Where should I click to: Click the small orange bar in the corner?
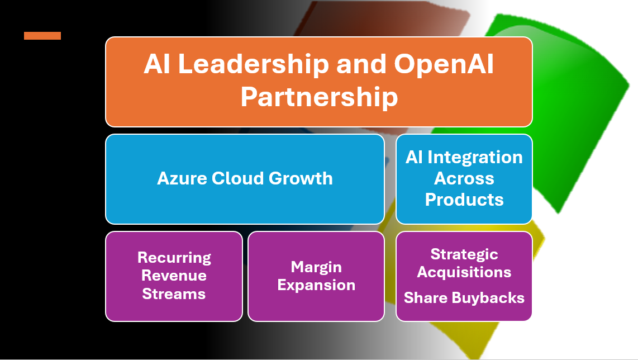click(42, 36)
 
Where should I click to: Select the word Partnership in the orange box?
click(319, 98)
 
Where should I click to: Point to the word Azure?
click(182, 178)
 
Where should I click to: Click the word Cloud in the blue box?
click(237, 178)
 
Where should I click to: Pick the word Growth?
click(301, 178)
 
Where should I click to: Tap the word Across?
click(464, 178)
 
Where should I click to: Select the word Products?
click(464, 200)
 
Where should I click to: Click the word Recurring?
click(174, 258)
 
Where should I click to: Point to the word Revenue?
click(174, 276)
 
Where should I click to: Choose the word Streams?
click(174, 294)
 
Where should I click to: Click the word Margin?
click(316, 268)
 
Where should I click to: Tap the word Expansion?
click(316, 286)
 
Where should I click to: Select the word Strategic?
click(464, 254)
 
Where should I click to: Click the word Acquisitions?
click(464, 272)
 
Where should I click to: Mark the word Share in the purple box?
click(426, 298)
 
